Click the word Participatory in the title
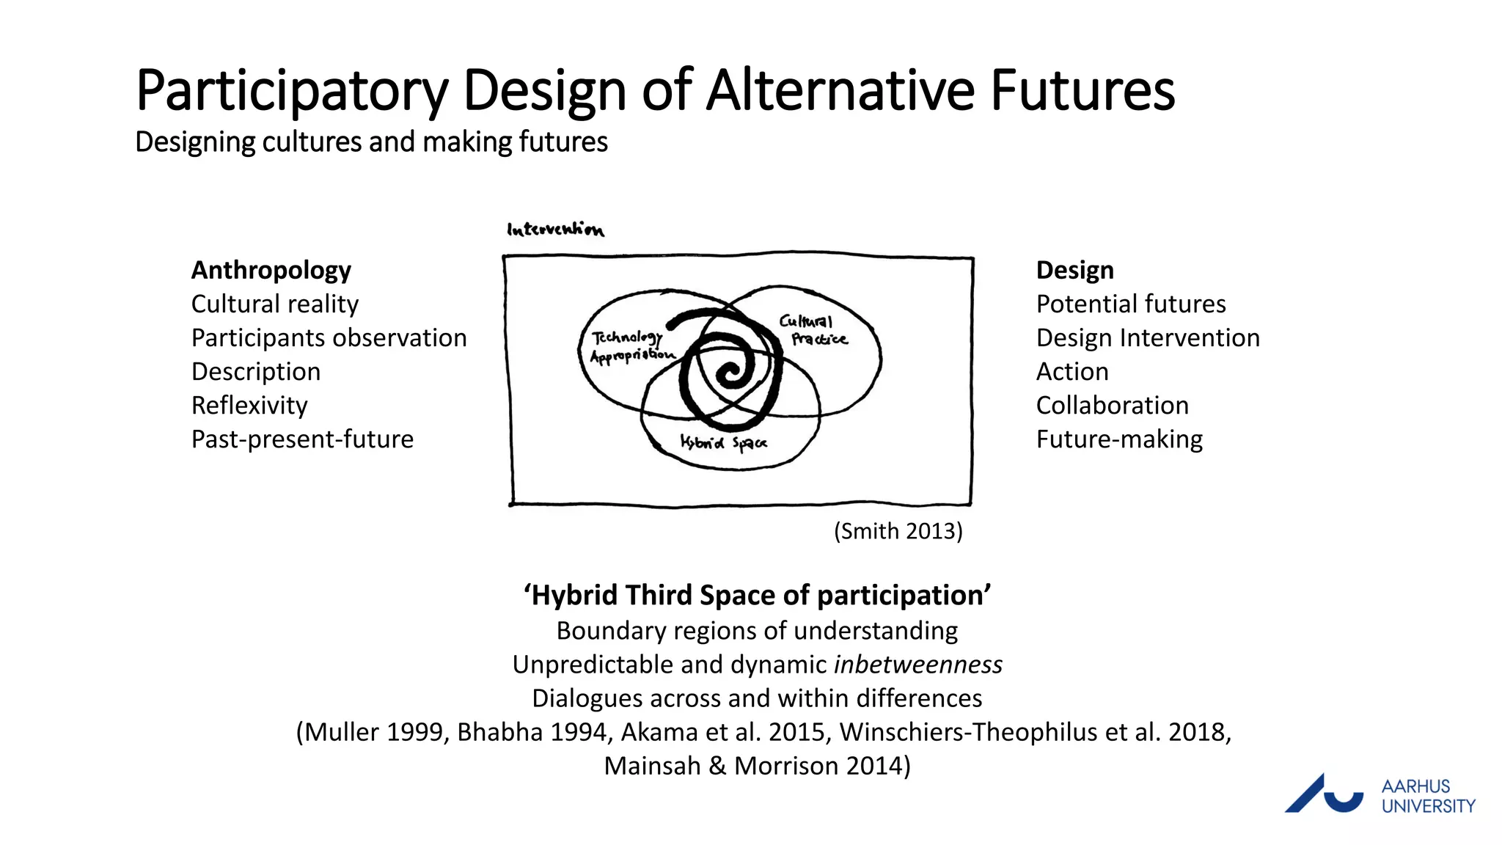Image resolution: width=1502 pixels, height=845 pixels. [x=292, y=91]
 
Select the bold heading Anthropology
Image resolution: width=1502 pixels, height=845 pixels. [x=271, y=270]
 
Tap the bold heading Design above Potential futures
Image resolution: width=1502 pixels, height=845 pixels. [x=1074, y=270]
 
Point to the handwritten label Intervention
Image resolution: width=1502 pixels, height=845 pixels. [x=555, y=230]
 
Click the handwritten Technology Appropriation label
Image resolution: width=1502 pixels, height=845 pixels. [x=631, y=346]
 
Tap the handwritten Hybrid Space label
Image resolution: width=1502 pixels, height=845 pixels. [x=723, y=442]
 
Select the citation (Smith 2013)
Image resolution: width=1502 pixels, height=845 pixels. [x=898, y=530]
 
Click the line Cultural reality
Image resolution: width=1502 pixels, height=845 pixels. [x=275, y=304]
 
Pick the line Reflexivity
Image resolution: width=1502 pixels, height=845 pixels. [x=249, y=405]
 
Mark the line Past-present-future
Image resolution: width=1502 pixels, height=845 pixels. [x=302, y=439]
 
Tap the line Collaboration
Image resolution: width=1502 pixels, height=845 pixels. [x=1112, y=405]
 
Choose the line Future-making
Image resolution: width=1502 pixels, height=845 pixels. [x=1119, y=439]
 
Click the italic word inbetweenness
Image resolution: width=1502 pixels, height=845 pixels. [x=918, y=664]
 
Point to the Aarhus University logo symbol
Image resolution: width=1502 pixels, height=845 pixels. [x=1323, y=794]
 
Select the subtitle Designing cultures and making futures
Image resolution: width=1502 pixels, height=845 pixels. [x=371, y=142]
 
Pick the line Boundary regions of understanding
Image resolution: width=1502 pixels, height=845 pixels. [x=757, y=630]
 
